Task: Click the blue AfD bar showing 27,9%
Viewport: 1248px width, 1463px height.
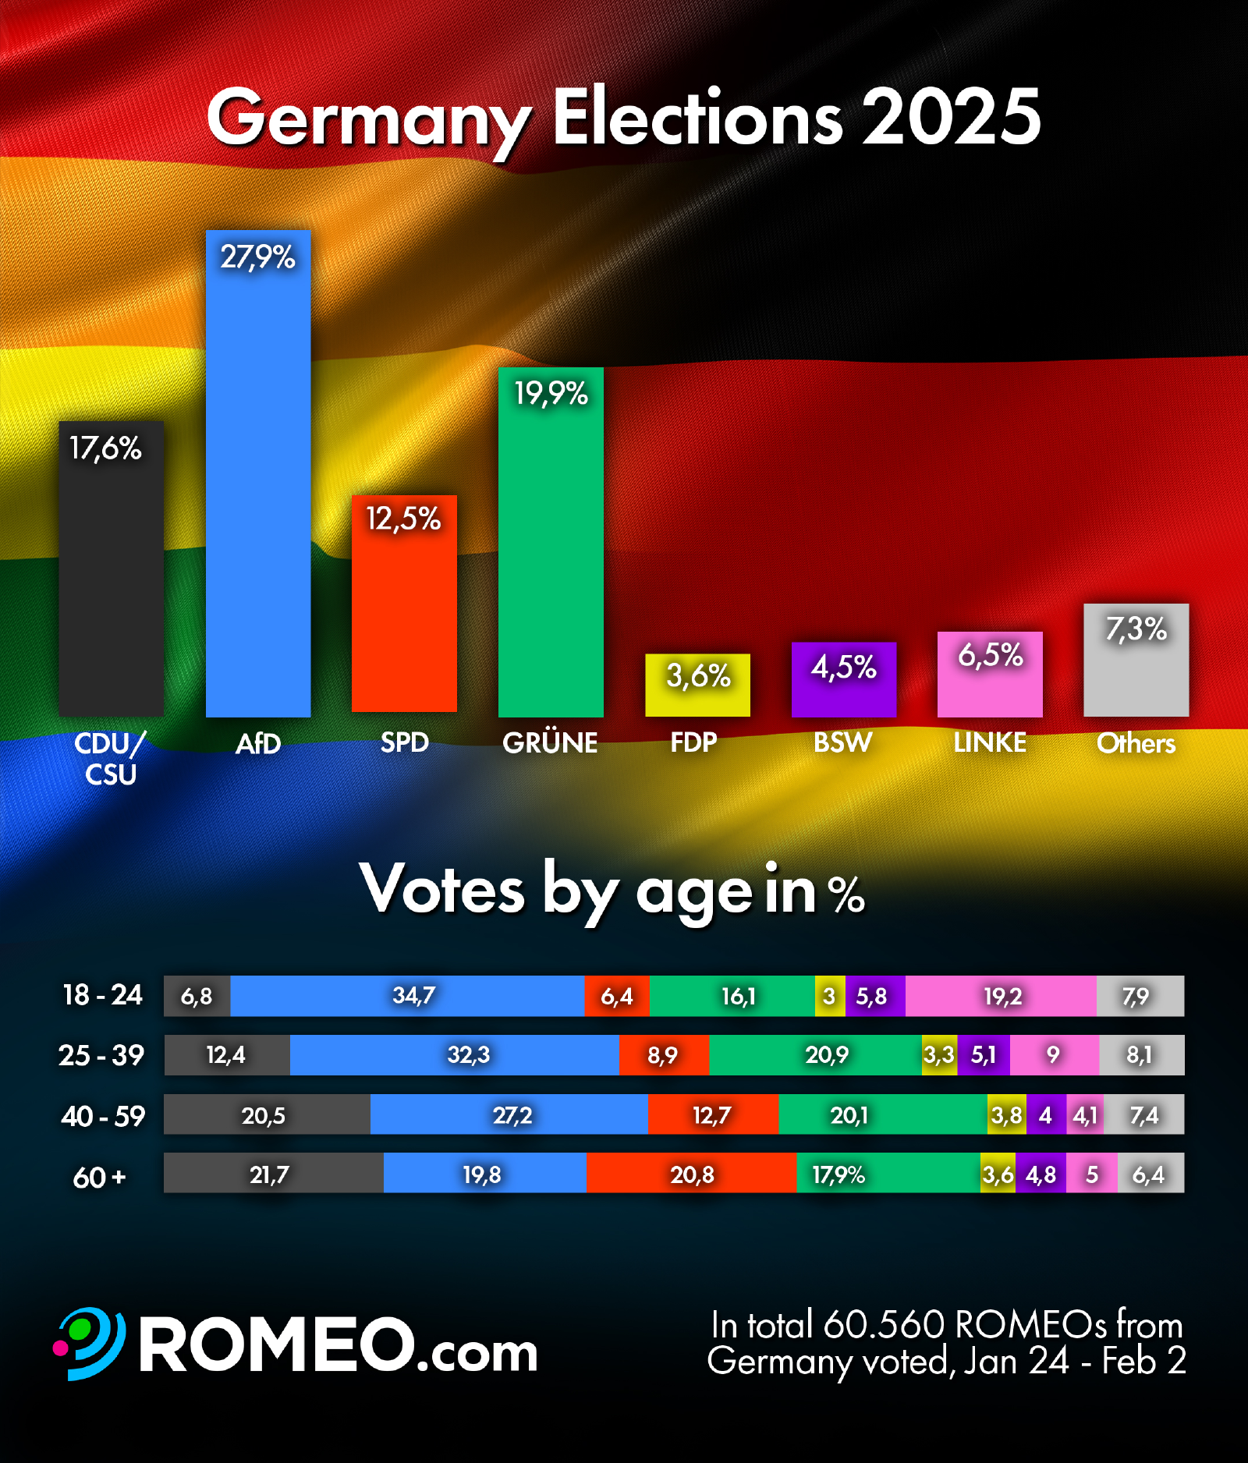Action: pyautogui.click(x=258, y=484)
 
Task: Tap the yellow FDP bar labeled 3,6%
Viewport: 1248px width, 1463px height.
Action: pyautogui.click(x=697, y=685)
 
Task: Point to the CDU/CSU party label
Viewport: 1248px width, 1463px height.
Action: pyautogui.click(x=110, y=758)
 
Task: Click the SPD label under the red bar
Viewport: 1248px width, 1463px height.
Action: pyautogui.click(x=404, y=742)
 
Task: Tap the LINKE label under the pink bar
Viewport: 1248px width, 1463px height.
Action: pyautogui.click(x=990, y=742)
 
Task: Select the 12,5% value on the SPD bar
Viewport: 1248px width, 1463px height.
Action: pyautogui.click(x=404, y=519)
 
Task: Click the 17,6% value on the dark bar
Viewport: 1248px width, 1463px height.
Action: pyautogui.click(x=105, y=448)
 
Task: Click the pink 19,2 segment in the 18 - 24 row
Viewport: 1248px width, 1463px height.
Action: pyautogui.click(x=1002, y=996)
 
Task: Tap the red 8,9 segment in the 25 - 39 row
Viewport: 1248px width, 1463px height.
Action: pyautogui.click(x=663, y=1055)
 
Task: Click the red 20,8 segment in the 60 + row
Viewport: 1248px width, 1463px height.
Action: pyautogui.click(x=691, y=1174)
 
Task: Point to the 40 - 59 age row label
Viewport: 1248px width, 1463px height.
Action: pyautogui.click(x=103, y=1116)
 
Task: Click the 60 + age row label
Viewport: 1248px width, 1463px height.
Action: pyautogui.click(x=99, y=1177)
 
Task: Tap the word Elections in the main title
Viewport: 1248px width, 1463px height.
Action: pyautogui.click(x=698, y=118)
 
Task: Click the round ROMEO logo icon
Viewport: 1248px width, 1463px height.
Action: pyautogui.click(x=90, y=1344)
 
